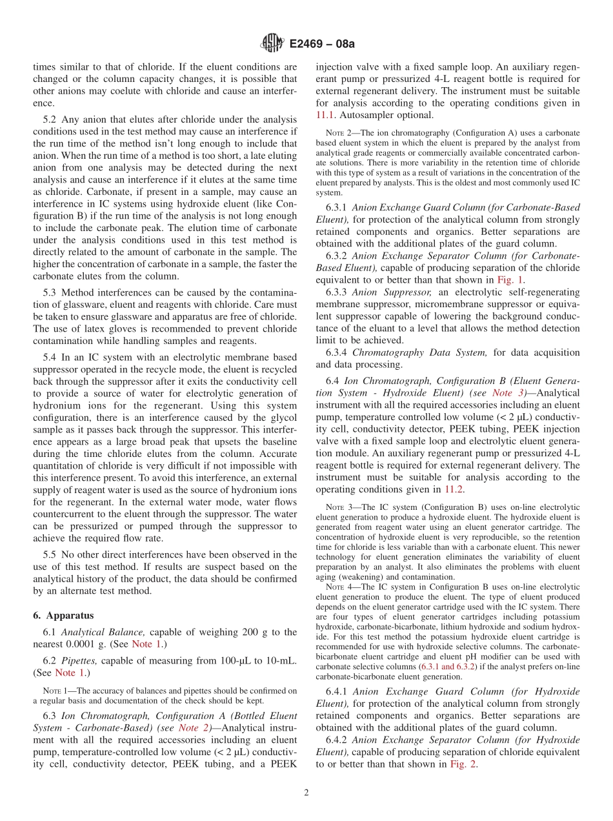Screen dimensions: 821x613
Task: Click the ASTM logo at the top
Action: tap(272, 44)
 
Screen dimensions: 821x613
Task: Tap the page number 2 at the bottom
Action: tap(306, 793)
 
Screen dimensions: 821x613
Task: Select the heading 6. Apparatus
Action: tap(64, 615)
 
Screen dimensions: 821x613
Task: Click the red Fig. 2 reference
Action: tap(465, 764)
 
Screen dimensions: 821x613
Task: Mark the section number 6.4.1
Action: tap(337, 691)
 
